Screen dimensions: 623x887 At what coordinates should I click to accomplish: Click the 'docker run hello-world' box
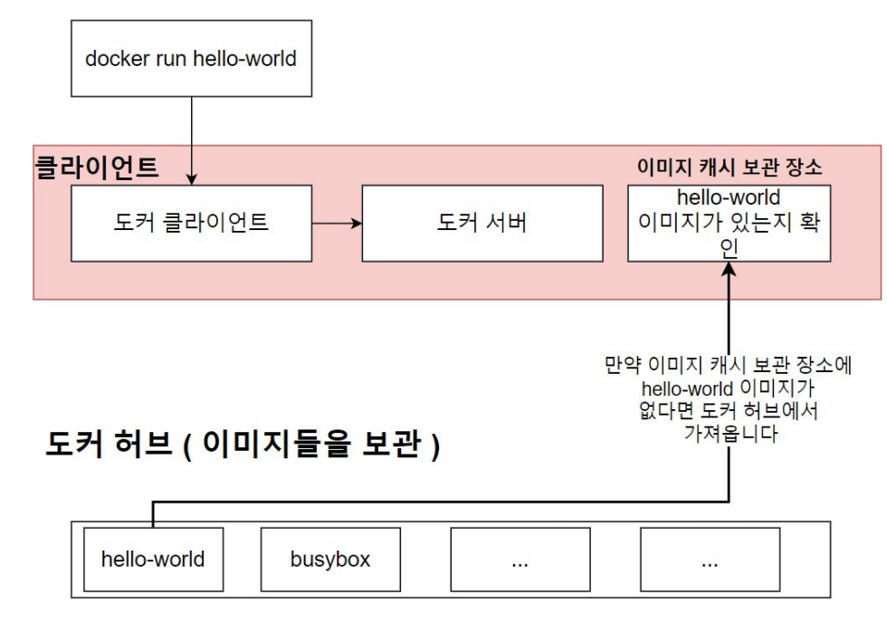pyautogui.click(x=191, y=60)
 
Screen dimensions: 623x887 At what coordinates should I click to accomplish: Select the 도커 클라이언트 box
pyautogui.click(x=191, y=223)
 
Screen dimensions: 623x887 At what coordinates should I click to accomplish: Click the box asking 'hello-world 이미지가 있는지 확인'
pyautogui.click(x=729, y=223)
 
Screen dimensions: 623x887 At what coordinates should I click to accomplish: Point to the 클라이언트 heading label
pyautogui.click(x=96, y=168)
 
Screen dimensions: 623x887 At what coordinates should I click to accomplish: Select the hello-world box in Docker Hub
pyautogui.click(x=152, y=560)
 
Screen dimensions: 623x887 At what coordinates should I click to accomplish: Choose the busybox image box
pyautogui.click(x=330, y=560)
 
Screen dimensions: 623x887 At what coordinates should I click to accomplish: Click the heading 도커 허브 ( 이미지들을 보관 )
pyautogui.click(x=242, y=446)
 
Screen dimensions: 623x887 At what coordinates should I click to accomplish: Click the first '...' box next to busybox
pyautogui.click(x=520, y=560)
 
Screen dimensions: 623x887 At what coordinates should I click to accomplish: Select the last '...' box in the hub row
pyautogui.click(x=710, y=560)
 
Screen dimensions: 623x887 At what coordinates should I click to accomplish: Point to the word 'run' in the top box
pyautogui.click(x=167, y=60)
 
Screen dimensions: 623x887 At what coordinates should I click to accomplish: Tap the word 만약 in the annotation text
pyautogui.click(x=623, y=366)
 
